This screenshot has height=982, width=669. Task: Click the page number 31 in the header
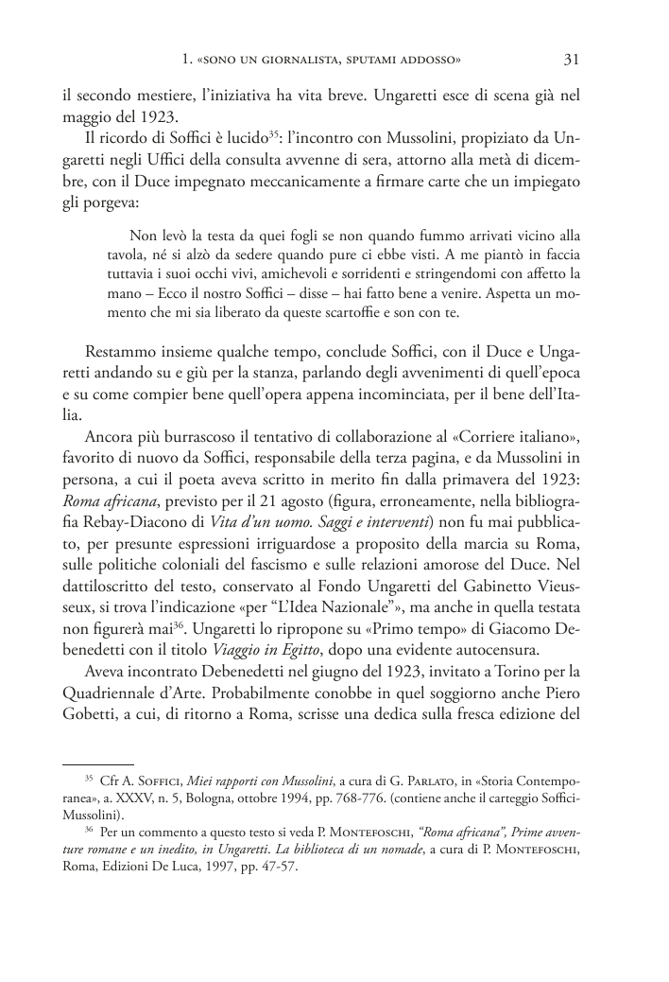click(571, 60)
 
